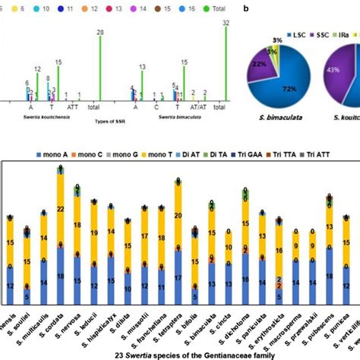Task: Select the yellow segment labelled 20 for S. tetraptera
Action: (x=178, y=216)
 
